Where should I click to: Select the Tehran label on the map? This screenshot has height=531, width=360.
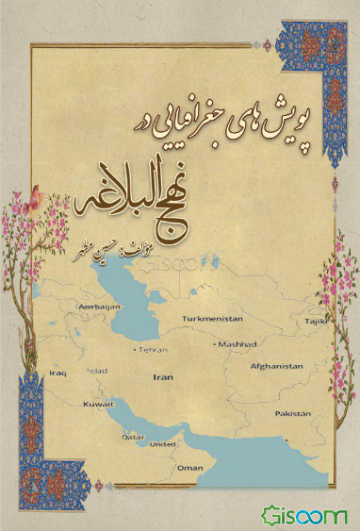point(153,349)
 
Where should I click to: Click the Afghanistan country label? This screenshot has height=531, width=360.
point(276,365)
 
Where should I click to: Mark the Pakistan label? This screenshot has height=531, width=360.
point(292,414)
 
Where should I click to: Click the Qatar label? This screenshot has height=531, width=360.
point(134,438)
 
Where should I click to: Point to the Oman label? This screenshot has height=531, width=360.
point(190,468)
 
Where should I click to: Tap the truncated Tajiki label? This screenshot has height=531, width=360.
point(311,320)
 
